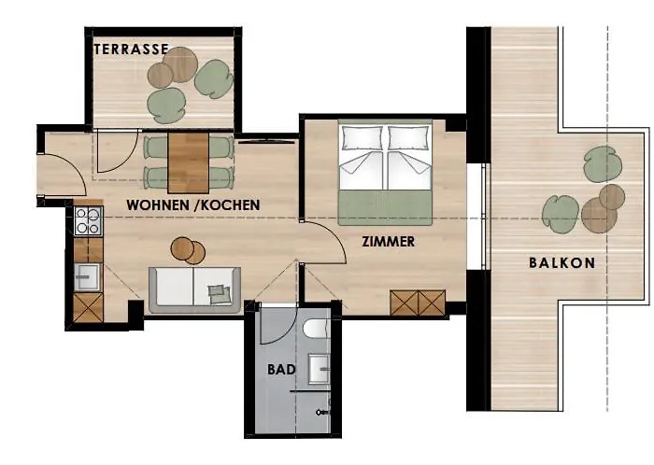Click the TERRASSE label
[131, 49]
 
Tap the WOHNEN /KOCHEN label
[193, 205]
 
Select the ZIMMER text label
[389, 242]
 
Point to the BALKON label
[562, 263]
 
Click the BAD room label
[281, 369]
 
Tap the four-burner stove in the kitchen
[88, 220]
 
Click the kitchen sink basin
[87, 277]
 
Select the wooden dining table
[189, 162]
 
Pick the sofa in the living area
[194, 290]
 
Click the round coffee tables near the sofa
[188, 250]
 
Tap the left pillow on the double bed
[363, 138]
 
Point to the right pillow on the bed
[409, 138]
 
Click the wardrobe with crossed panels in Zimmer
[418, 303]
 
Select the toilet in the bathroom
[317, 329]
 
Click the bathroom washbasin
[320, 368]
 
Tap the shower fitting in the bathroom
[323, 413]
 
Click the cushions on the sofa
[220, 294]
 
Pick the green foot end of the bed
[385, 208]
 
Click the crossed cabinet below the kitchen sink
[88, 307]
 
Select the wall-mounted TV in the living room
[267, 142]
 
